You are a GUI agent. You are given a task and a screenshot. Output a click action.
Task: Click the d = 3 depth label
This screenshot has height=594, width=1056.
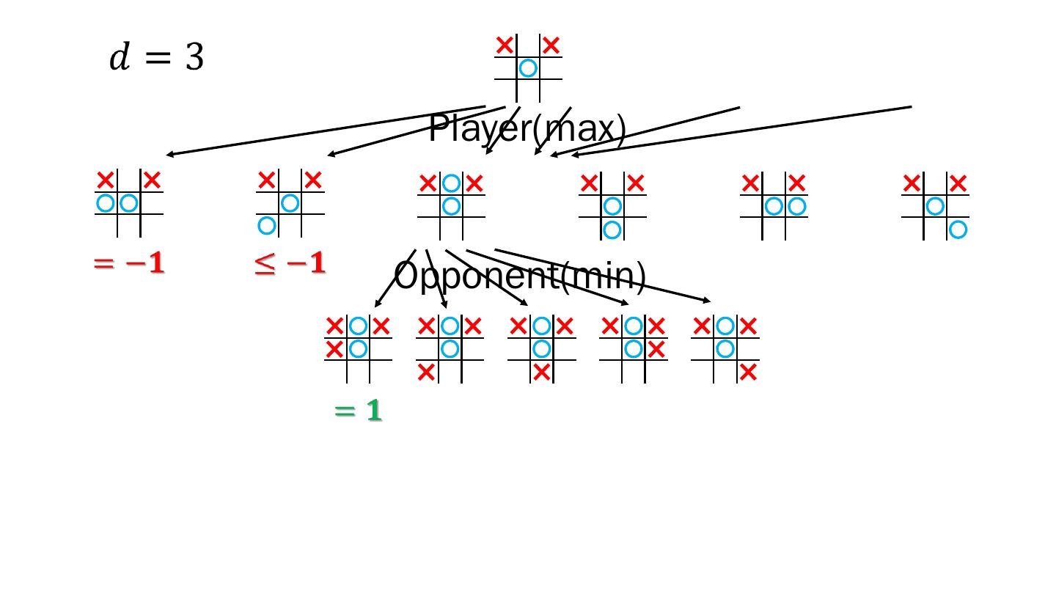pyautogui.click(x=156, y=58)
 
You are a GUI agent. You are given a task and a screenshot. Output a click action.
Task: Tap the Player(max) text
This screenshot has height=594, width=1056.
pyautogui.click(x=527, y=130)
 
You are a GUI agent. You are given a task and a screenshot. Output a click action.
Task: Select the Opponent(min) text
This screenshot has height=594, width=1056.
pyautogui.click(x=520, y=276)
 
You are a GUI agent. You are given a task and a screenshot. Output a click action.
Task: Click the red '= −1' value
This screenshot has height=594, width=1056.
pyautogui.click(x=129, y=264)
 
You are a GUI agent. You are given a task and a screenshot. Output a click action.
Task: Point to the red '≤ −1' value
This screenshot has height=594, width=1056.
pyautogui.click(x=290, y=264)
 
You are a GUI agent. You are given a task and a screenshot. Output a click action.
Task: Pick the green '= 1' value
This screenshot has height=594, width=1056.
pyautogui.click(x=358, y=411)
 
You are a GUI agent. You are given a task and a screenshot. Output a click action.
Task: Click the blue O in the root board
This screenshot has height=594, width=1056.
pyautogui.click(x=528, y=68)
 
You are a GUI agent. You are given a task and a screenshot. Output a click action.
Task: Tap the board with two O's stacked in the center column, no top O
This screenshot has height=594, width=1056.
pyautogui.click(x=612, y=206)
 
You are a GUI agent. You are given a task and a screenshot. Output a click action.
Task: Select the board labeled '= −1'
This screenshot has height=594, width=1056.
pyautogui.click(x=129, y=203)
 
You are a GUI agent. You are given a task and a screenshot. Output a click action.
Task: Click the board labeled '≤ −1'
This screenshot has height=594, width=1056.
pyautogui.click(x=290, y=203)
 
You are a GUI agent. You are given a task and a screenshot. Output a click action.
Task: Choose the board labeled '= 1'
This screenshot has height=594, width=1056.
pyautogui.click(x=358, y=349)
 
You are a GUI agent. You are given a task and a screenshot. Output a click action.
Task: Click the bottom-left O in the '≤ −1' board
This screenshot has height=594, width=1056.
pyautogui.click(x=267, y=225)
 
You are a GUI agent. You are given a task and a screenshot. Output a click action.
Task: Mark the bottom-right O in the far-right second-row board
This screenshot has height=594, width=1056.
pyautogui.click(x=958, y=230)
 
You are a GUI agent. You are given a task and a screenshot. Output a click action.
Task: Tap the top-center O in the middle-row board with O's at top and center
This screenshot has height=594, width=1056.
pyautogui.click(x=451, y=183)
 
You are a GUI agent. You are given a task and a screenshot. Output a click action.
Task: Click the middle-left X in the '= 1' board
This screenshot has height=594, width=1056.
pyautogui.click(x=334, y=349)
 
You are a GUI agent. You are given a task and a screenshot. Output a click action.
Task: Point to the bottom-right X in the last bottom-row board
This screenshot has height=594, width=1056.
pyautogui.click(x=748, y=373)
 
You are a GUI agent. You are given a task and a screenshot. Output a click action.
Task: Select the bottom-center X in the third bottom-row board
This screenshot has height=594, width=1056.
pyautogui.click(x=541, y=373)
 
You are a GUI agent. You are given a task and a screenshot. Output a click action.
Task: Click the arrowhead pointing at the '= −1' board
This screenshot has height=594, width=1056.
pyautogui.click(x=169, y=155)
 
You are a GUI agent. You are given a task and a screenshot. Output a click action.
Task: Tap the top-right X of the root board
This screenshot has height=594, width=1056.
pyautogui.click(x=551, y=45)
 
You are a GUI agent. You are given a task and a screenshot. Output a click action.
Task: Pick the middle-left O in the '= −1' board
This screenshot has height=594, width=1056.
pyautogui.click(x=106, y=202)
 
